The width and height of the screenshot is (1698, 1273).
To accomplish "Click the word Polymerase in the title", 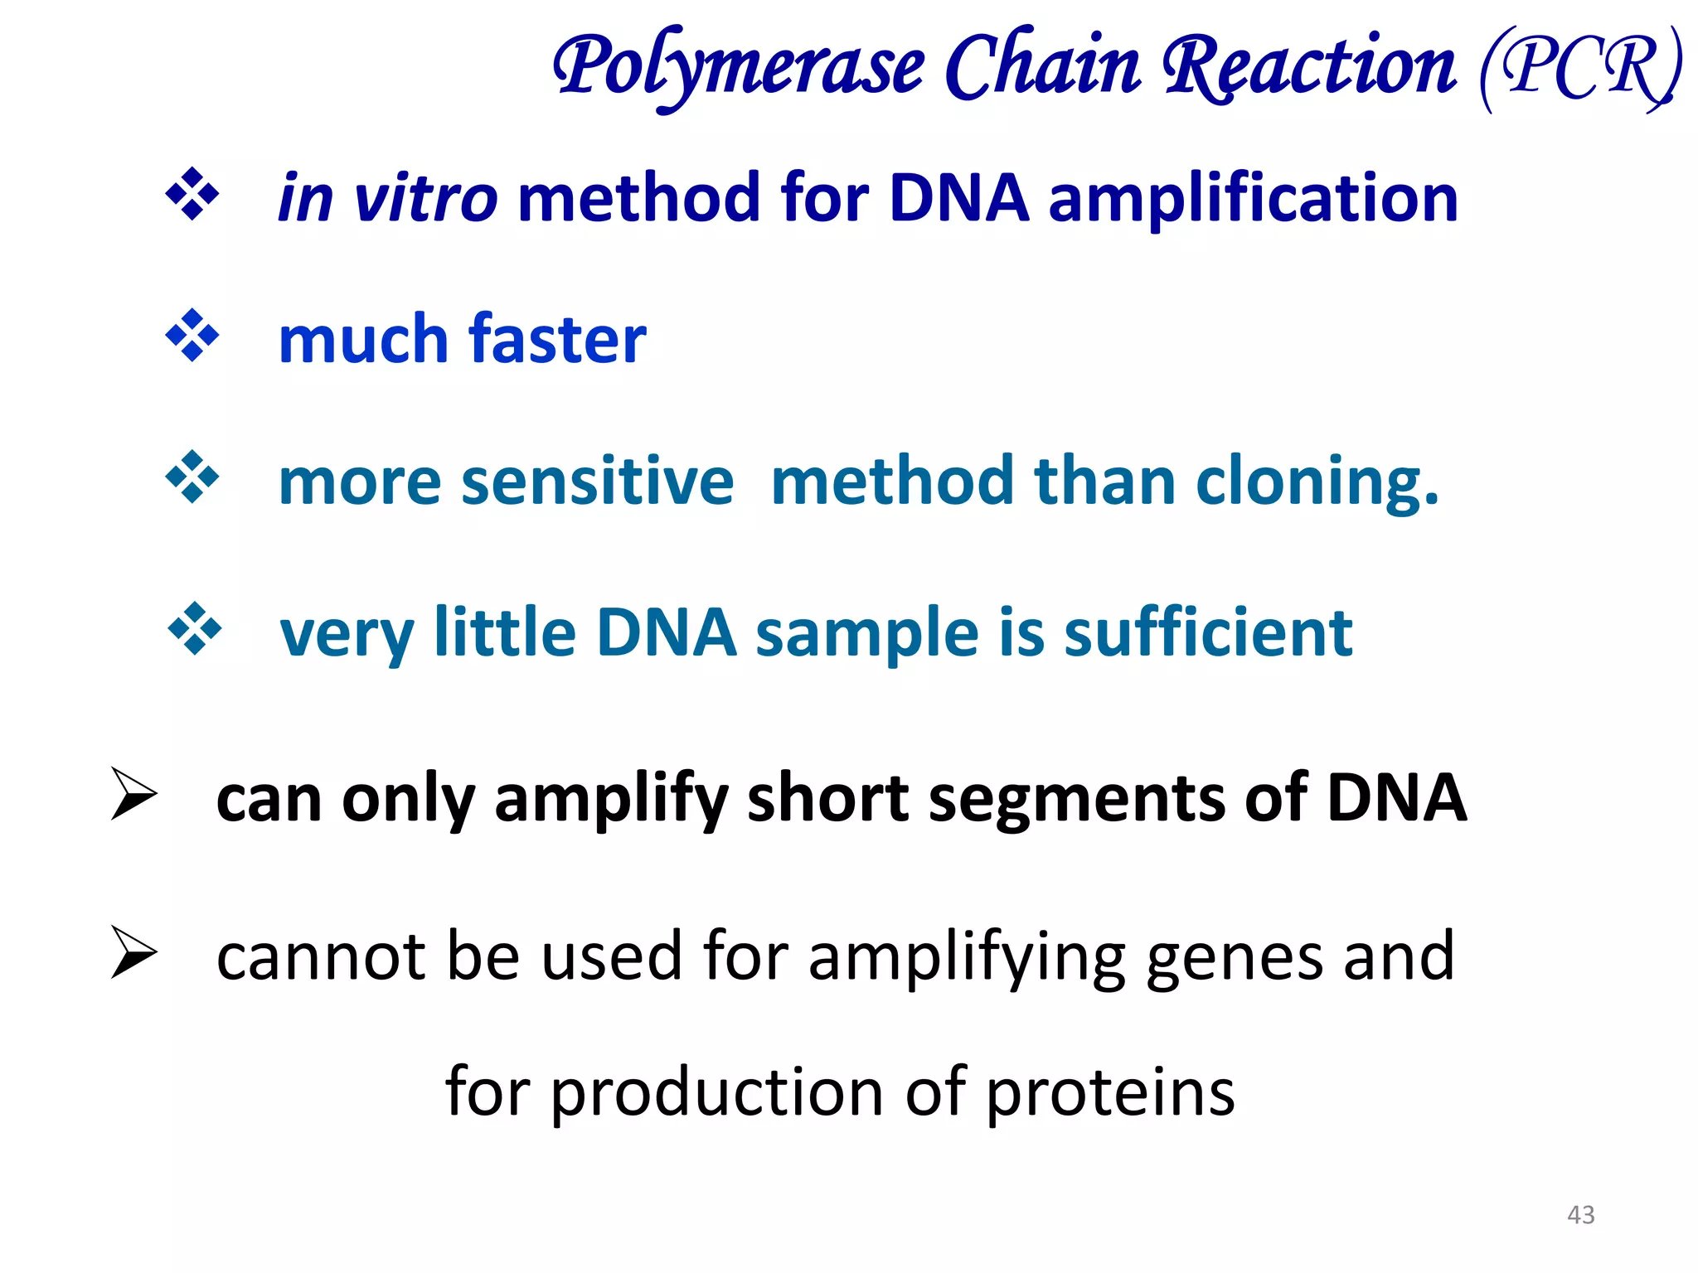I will point(738,66).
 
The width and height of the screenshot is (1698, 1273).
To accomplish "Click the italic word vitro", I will point(425,199).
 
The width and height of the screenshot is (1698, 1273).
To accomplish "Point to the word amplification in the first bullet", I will point(1253,199).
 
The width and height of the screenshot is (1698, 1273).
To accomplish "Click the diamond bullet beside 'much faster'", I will point(192,336).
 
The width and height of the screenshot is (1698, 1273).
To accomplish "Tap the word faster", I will point(557,340).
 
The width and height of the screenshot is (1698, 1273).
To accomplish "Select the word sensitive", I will point(597,482).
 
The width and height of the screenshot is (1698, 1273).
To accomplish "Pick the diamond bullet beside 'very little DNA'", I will point(195,629).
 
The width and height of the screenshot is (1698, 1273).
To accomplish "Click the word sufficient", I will point(1208,633).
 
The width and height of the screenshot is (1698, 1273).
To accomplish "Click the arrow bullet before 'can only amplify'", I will point(133,794).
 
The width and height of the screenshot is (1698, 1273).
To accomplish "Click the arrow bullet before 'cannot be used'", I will point(133,952).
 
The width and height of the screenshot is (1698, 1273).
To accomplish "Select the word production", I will point(717,1092).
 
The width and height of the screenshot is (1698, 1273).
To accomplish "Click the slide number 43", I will point(1580,1215).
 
